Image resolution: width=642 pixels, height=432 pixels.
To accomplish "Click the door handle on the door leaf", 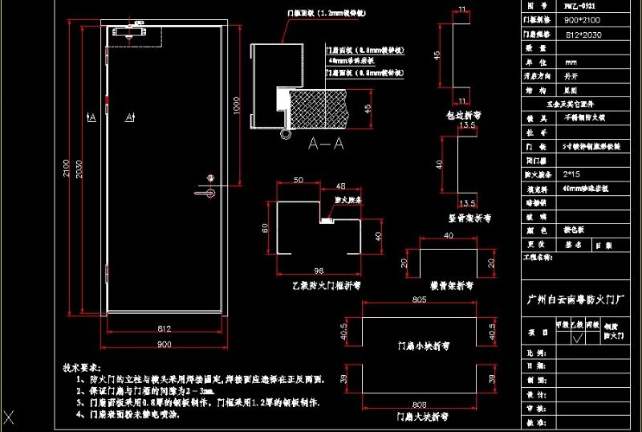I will pyautogui.click(x=206, y=192).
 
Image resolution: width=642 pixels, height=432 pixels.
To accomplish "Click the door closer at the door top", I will pyautogui.click(x=133, y=33).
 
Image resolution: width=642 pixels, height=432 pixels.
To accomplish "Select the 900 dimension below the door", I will pyautogui.click(x=164, y=344).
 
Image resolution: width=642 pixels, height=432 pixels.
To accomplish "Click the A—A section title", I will pyautogui.click(x=326, y=144).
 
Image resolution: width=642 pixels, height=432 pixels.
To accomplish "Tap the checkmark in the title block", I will pyautogui.click(x=575, y=338).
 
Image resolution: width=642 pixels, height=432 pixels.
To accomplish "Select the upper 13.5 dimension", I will pyautogui.click(x=468, y=125).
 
